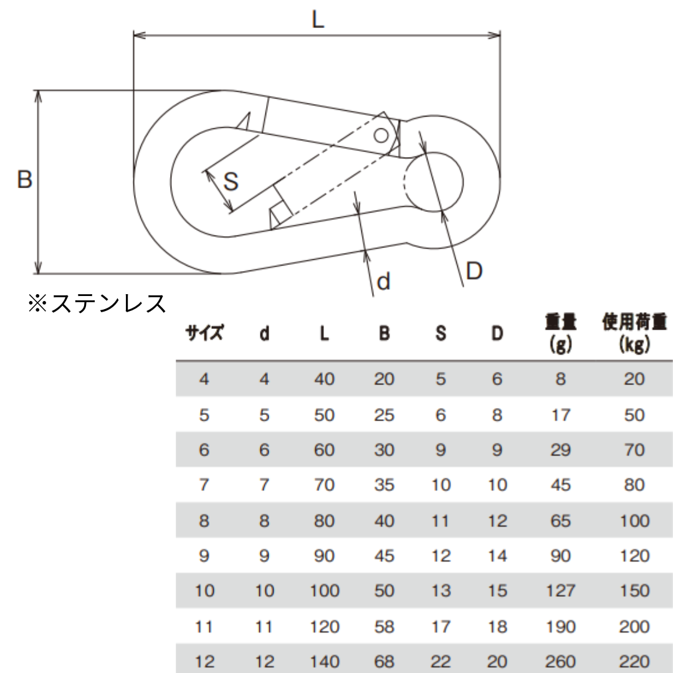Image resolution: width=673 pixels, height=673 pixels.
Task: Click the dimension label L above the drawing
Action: [x=318, y=20]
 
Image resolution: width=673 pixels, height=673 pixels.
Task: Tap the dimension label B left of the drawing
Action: [x=25, y=179]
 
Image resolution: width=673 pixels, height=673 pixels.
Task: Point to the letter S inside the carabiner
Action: [x=231, y=181]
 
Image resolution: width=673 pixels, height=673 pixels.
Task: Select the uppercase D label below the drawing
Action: [x=474, y=271]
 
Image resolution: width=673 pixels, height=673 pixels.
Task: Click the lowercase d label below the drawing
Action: [x=383, y=282]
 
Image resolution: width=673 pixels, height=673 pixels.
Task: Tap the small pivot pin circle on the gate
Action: [x=381, y=136]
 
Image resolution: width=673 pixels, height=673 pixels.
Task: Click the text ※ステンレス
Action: [x=97, y=303]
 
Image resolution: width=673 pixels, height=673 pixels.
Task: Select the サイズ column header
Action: [x=204, y=333]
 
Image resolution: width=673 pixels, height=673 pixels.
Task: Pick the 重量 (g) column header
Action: [x=561, y=333]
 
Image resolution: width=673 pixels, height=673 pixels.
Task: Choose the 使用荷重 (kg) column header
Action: [x=634, y=333]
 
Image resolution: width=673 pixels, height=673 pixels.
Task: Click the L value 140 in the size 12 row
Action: [x=325, y=661]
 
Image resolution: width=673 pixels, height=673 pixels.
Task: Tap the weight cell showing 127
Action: [x=561, y=591]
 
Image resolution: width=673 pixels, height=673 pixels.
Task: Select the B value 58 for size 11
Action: [x=384, y=626]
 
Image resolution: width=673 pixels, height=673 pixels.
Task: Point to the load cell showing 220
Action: [x=634, y=661]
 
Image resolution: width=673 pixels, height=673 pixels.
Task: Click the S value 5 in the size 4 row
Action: [x=441, y=379]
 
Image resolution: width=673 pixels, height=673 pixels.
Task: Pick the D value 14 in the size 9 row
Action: [x=497, y=556]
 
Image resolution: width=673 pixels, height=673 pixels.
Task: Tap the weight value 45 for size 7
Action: [x=561, y=485]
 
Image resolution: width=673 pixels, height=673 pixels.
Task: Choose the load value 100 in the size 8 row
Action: [x=634, y=520]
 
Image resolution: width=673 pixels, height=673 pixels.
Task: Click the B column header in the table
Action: [x=384, y=333]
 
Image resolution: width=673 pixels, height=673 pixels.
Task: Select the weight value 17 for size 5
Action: [x=561, y=415]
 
